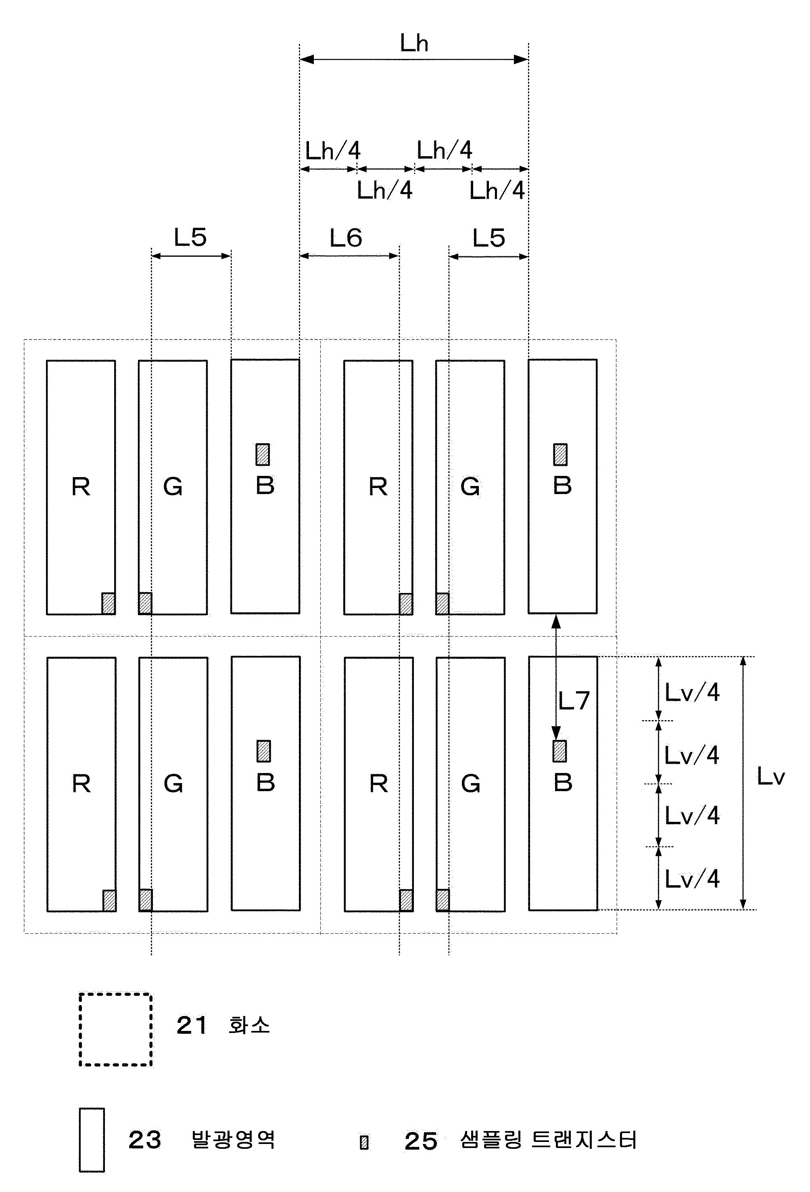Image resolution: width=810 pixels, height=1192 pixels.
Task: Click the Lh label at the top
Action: [414, 44]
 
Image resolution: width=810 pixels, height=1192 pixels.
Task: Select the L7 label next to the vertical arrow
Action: [574, 701]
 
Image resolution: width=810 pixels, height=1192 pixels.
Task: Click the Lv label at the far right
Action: [770, 777]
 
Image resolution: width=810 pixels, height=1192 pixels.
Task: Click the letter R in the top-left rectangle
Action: [81, 487]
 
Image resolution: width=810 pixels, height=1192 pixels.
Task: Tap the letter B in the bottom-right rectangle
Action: [563, 783]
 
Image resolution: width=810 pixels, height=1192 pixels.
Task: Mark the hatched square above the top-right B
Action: [560, 455]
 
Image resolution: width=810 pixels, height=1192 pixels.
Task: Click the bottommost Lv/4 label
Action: [692, 879]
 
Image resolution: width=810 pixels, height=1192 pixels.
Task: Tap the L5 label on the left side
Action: [190, 237]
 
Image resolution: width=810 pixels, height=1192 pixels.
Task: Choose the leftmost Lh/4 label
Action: [333, 151]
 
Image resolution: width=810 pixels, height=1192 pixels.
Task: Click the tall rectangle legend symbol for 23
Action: [92, 1140]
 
